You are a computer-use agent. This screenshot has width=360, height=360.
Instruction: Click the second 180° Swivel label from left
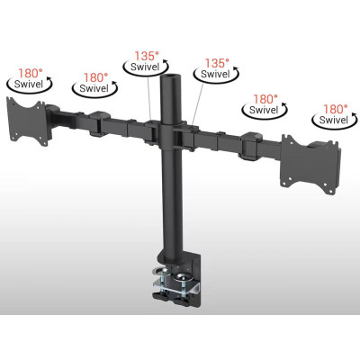[94, 84]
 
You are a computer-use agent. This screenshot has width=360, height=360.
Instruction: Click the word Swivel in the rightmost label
[332, 121]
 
